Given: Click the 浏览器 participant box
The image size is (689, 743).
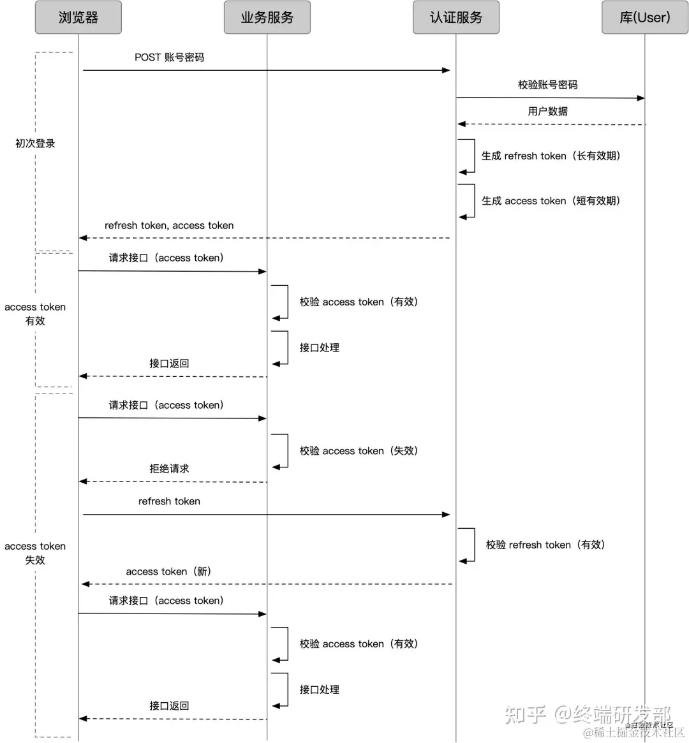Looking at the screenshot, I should click(78, 17).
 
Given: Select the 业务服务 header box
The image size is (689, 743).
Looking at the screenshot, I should click(267, 17).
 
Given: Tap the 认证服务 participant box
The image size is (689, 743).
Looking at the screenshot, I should click(456, 17).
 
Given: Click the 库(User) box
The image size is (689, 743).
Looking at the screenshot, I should click(644, 17).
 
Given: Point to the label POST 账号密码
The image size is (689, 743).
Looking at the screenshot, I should click(169, 57).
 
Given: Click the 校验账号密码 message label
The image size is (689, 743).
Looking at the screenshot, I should click(547, 85).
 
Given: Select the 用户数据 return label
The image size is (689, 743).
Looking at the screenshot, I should click(547, 111).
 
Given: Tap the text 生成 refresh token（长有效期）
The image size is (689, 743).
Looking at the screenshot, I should click(551, 156).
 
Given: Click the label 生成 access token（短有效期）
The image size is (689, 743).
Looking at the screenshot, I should click(551, 201).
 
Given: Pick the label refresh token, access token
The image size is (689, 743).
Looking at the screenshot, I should click(169, 226).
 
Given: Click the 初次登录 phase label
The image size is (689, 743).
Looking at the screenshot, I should click(35, 143).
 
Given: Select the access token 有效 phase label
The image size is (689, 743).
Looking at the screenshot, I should click(35, 314).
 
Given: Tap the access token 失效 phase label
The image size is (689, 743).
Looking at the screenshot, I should click(35, 553).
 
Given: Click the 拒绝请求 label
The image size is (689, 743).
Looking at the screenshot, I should click(169, 469).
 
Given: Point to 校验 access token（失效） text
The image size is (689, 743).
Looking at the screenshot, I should click(359, 451).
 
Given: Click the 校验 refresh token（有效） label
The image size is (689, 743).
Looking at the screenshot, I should click(545, 545).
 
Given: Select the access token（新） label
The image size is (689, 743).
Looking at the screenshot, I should click(168, 571).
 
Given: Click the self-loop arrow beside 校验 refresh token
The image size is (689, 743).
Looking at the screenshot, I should click(469, 545).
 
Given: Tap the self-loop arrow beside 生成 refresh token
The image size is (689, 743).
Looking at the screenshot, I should click(469, 156).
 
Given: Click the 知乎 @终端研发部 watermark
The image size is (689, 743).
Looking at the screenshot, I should click(588, 714).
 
